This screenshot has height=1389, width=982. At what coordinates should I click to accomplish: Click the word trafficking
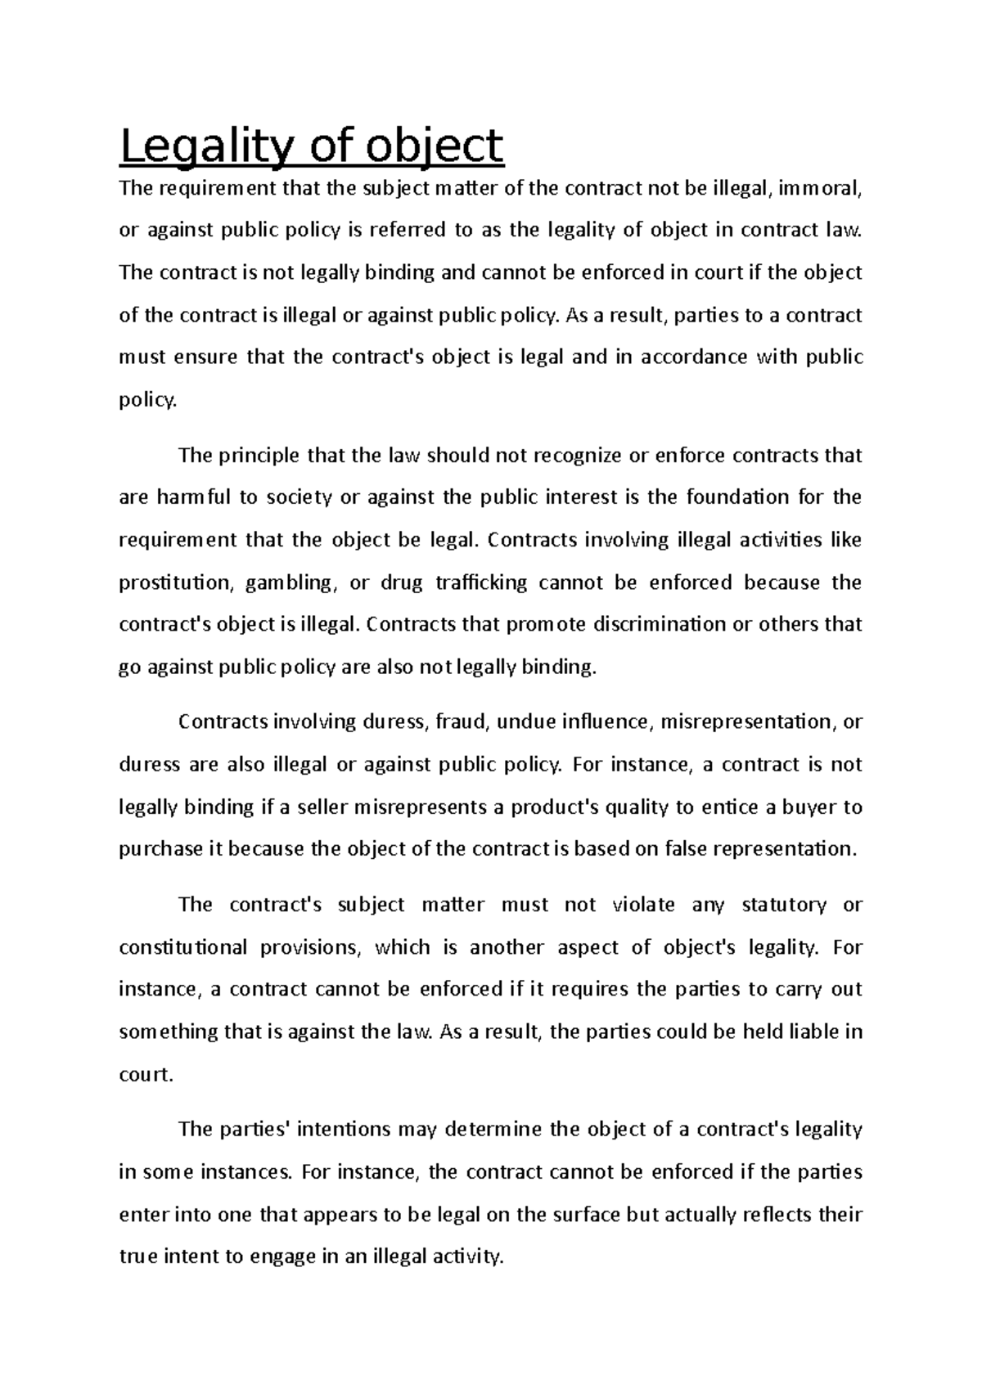pos(481,582)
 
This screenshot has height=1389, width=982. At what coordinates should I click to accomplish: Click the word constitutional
pos(182,947)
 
